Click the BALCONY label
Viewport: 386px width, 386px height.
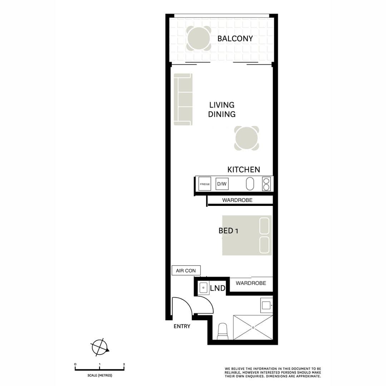(235, 39)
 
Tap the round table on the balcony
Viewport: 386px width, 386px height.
(198, 39)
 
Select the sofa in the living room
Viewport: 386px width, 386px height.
(183, 99)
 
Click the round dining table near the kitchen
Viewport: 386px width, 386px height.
(246, 138)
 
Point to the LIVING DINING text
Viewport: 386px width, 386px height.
(222, 110)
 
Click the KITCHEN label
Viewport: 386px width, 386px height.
(243, 169)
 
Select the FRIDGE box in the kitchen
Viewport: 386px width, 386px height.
(205, 184)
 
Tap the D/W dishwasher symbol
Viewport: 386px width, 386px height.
(222, 184)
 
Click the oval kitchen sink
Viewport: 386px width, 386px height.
(250, 184)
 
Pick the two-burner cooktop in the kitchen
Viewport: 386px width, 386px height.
(266, 184)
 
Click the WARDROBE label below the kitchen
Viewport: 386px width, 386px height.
(237, 200)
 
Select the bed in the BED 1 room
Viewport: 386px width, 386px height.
(247, 235)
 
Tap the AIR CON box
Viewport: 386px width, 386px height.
(186, 271)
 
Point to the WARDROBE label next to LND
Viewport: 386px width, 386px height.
(251, 283)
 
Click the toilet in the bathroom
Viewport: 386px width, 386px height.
(222, 332)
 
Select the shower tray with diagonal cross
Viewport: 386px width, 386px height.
(253, 327)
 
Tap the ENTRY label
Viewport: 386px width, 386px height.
(182, 326)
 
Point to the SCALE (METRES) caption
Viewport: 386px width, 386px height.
(100, 375)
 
